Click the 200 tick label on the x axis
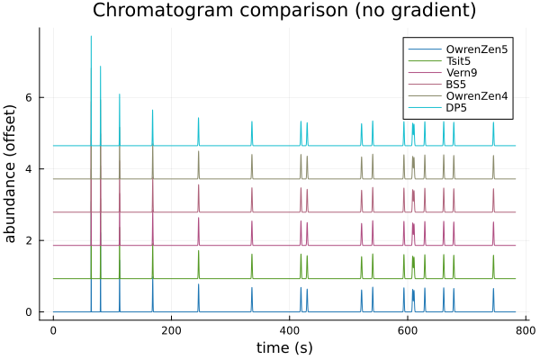(171, 330)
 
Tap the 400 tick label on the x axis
(289, 330)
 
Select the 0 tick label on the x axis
(53, 330)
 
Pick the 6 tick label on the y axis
(30, 97)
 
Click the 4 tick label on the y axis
(30, 169)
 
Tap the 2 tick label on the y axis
(30, 240)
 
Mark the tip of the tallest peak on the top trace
(91, 36)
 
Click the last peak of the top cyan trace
(493, 123)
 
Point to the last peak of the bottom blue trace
(493, 289)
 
